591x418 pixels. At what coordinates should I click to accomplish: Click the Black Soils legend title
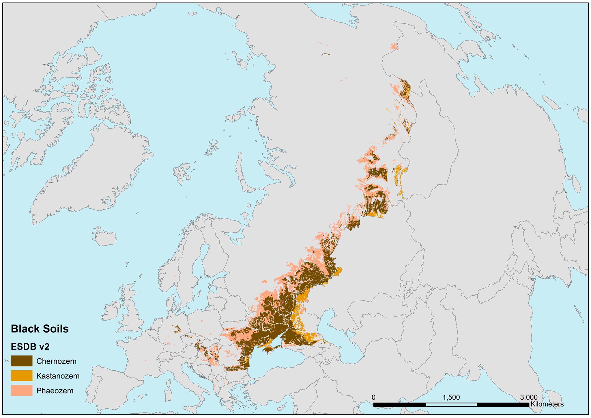[x=40, y=329]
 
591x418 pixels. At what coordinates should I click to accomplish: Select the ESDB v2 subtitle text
[x=30, y=347]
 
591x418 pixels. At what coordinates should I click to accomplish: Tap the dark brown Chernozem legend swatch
[x=21, y=361]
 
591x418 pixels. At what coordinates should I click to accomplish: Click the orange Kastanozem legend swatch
[x=21, y=376]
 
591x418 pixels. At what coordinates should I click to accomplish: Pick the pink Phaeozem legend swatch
[x=21, y=391]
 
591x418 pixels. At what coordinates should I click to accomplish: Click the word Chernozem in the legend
[x=56, y=361]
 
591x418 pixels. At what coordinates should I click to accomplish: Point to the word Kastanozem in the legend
[x=58, y=376]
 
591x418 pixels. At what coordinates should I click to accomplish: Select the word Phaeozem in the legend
[x=55, y=391]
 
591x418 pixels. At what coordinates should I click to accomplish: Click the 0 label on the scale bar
[x=374, y=397]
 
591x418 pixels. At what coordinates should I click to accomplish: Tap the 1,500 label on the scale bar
[x=451, y=397]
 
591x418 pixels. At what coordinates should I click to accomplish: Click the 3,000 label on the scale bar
[x=529, y=397]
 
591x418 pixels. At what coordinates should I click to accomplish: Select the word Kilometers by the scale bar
[x=547, y=404]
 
